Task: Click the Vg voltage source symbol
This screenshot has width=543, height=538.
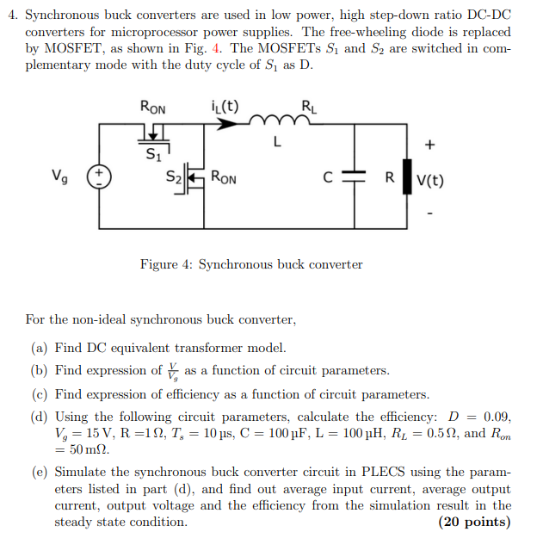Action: [99, 178]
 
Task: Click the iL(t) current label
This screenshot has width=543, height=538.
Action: [225, 107]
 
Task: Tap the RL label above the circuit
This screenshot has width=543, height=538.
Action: [308, 107]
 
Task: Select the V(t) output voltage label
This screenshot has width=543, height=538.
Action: [430, 182]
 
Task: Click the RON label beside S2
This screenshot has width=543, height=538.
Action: [225, 179]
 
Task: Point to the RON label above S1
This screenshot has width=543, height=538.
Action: [152, 107]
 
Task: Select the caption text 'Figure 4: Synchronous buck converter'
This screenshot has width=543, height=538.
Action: [251, 264]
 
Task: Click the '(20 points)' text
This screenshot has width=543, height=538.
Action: [474, 523]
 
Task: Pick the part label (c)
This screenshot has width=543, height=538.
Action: [39, 394]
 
